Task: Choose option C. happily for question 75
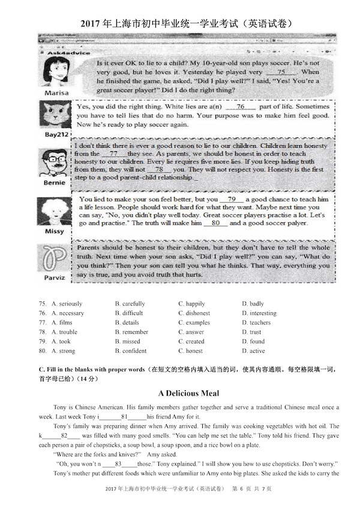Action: click(x=191, y=304)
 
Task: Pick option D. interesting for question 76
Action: click(x=259, y=313)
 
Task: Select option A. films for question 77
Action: click(x=62, y=322)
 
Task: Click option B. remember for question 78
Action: click(x=131, y=332)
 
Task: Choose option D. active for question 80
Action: click(x=253, y=351)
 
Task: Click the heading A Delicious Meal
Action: click(x=180, y=394)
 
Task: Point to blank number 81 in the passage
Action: click(x=124, y=417)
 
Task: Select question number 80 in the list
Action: click(x=42, y=351)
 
